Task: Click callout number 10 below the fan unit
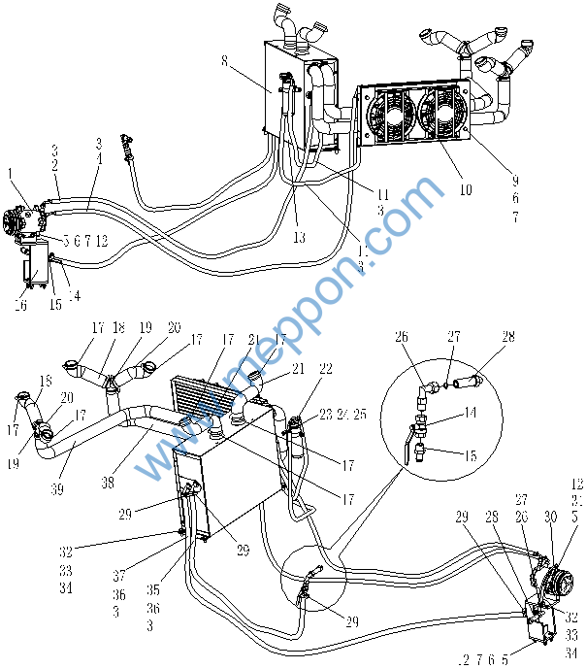point(466,190)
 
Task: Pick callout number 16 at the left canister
point(21,305)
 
